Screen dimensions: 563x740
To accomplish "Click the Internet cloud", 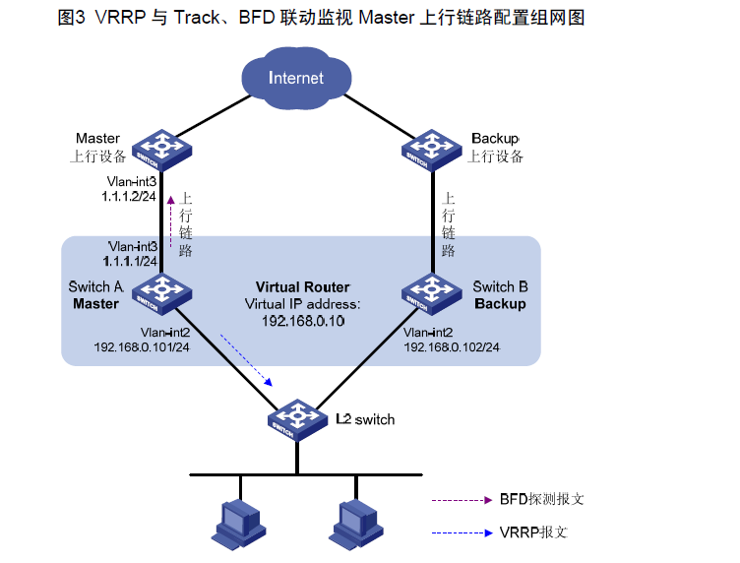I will (x=296, y=76).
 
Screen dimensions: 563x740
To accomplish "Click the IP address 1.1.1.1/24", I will (x=130, y=262).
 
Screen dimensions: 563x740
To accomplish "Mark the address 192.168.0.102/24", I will (x=452, y=347).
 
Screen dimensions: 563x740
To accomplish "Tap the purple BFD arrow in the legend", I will (x=461, y=500).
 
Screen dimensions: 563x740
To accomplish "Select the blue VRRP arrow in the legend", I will (x=461, y=532).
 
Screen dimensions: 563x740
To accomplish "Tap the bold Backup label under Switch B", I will (x=500, y=304).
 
